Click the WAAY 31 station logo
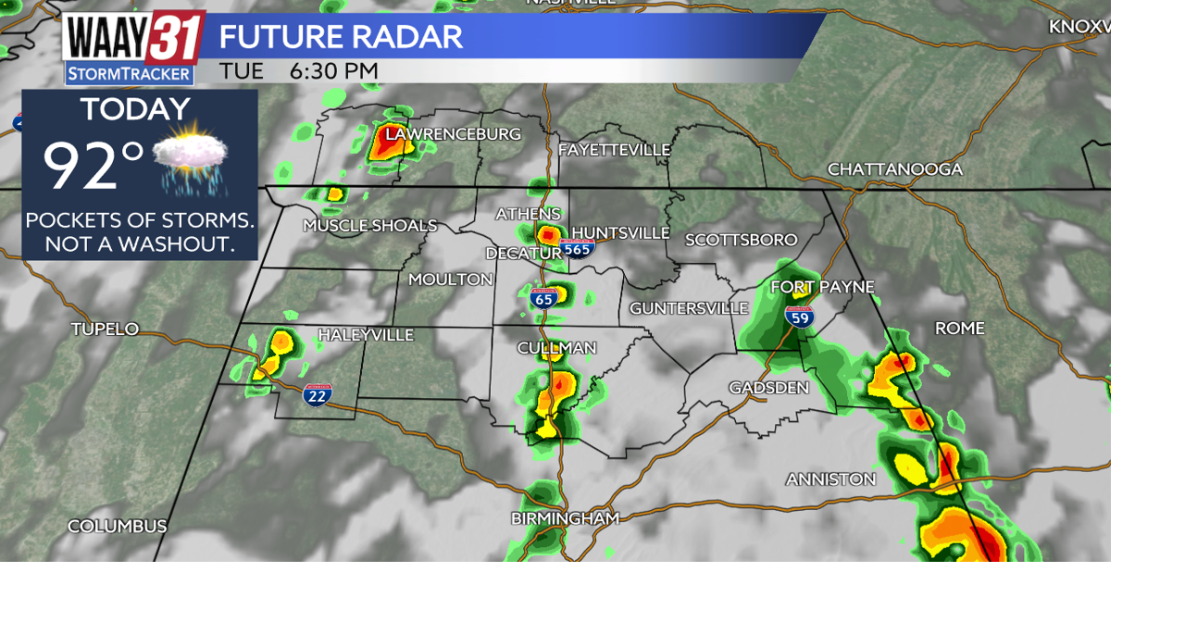click(132, 46)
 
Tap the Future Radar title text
click(340, 37)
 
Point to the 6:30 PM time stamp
click(333, 71)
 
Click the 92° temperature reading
click(93, 167)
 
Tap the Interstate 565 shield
click(577, 247)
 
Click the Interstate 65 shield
click(543, 298)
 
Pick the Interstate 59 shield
click(799, 317)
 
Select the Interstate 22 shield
click(317, 395)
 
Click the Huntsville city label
click(619, 232)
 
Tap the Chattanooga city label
click(894, 169)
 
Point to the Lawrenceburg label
click(453, 134)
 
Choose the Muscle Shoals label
click(369, 226)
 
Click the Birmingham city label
click(564, 519)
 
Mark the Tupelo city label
click(105, 329)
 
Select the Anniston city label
click(830, 479)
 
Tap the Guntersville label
click(689, 308)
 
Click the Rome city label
click(959, 329)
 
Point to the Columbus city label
click(117, 527)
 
